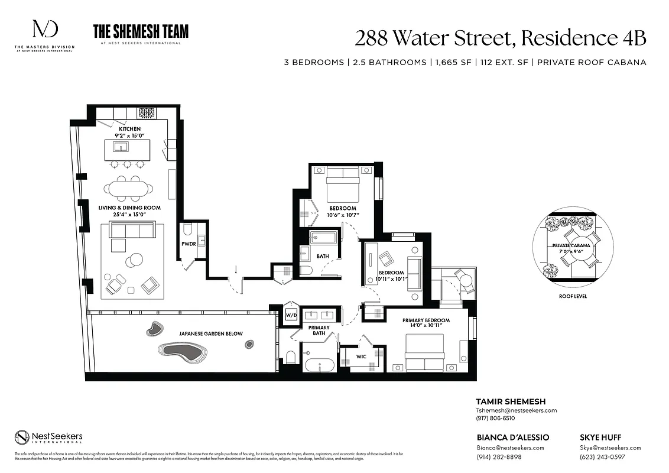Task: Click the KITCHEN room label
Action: click(x=129, y=129)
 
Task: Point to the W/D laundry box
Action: click(x=291, y=315)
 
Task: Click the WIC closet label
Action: click(x=361, y=357)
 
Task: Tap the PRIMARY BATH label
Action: click(x=319, y=331)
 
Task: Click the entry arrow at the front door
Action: click(x=236, y=270)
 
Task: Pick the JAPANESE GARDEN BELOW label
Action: click(x=210, y=334)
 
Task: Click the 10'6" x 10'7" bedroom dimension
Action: click(x=343, y=215)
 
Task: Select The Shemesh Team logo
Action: click(x=141, y=33)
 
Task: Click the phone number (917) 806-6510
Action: click(x=495, y=418)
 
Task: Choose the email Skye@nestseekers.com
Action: click(x=610, y=448)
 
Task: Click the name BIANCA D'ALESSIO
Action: click(x=512, y=438)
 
